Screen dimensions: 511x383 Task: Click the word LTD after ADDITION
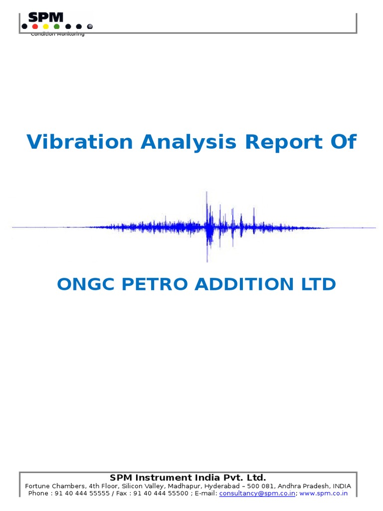(x=317, y=284)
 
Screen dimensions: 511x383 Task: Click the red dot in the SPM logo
(x=35, y=26)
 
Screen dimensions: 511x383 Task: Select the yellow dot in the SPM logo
(x=46, y=26)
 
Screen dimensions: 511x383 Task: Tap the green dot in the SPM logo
(x=57, y=26)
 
